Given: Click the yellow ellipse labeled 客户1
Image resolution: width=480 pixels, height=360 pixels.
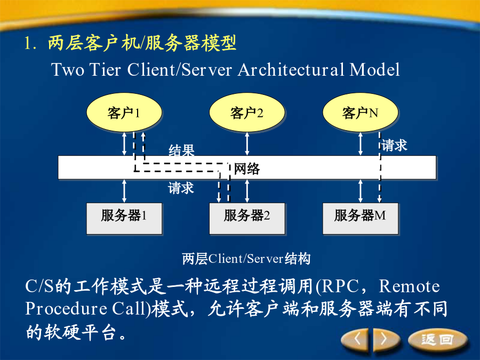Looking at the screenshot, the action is click(124, 113).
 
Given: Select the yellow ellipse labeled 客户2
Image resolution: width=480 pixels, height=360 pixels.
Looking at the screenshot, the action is click(247, 113).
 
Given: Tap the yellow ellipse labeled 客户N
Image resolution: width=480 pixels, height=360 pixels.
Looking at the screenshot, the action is click(361, 113).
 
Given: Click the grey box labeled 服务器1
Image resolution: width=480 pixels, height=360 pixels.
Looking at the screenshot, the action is click(124, 219).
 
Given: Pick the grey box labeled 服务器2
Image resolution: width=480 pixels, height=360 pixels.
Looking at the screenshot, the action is click(247, 219).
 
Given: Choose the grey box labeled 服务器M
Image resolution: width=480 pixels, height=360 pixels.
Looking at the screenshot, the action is click(361, 219).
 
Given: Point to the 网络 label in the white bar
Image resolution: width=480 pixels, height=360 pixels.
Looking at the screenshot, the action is click(247, 169).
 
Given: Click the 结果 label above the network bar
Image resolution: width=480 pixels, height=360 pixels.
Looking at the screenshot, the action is click(181, 150).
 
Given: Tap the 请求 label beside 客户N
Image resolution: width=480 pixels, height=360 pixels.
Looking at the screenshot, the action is click(394, 145).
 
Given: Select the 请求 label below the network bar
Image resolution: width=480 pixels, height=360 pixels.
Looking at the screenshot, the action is click(181, 187).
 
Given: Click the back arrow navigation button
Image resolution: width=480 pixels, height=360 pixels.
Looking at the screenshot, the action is click(357, 339).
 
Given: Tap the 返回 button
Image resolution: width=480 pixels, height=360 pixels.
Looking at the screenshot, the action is click(438, 339).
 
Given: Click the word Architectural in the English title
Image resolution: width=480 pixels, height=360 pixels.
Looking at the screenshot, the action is click(291, 69).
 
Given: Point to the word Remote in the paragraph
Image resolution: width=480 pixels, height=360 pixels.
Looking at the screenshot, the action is click(409, 286).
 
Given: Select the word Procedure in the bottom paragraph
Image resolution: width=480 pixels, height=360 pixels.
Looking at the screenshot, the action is click(66, 309).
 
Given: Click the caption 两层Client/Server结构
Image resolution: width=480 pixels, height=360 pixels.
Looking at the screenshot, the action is click(246, 259).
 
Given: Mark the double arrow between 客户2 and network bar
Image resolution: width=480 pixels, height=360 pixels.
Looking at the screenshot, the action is click(247, 144).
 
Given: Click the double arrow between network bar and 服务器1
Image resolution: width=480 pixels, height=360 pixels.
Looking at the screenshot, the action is click(124, 191).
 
